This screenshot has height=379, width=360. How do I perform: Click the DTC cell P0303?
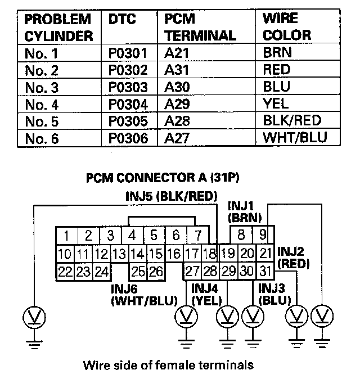click(x=129, y=88)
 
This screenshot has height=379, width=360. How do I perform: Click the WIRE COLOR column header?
click(x=286, y=26)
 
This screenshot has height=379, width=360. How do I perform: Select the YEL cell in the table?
click(x=275, y=104)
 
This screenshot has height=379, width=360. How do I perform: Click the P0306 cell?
click(x=129, y=138)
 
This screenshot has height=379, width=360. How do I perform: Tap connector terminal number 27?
click(x=192, y=272)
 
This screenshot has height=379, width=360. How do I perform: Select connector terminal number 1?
click(x=66, y=235)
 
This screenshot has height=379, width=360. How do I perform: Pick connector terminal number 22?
click(x=65, y=272)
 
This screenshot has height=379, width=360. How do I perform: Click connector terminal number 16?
click(x=174, y=254)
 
